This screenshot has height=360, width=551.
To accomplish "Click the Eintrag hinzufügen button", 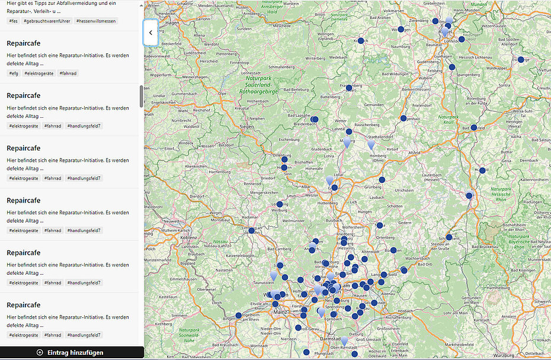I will (x=72, y=352).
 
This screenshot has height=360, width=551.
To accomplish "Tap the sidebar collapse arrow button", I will (x=150, y=33).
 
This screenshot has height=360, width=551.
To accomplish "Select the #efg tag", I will (x=13, y=73).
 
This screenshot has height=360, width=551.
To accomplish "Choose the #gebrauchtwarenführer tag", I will (x=47, y=21).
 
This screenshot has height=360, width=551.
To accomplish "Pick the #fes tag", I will (x=13, y=21).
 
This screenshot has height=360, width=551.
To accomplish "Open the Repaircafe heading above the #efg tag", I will (x=23, y=44).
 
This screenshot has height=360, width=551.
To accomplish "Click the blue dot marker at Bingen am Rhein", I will (x=239, y=316).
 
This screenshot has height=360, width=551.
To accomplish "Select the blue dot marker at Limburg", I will (x=252, y=230).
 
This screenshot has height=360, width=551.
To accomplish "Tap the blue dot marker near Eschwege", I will (x=521, y=60).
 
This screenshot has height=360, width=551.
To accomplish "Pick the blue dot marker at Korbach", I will (x=361, y=41).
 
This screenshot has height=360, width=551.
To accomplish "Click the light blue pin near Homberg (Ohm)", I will (x=371, y=144).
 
